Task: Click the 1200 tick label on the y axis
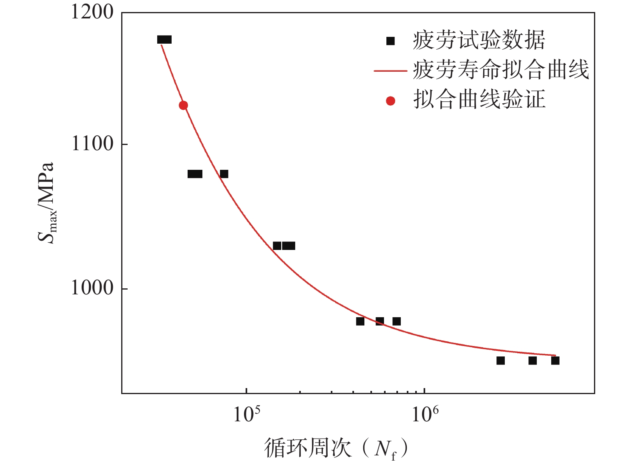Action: (92, 12)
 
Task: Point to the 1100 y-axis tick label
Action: (92, 144)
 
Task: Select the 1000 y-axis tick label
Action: (92, 288)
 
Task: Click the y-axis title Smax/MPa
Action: (46, 203)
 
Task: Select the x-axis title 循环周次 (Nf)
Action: (336, 448)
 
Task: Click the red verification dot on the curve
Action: (183, 105)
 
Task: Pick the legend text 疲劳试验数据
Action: (479, 40)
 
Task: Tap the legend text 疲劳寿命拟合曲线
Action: (501, 70)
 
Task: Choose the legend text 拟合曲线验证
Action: (479, 100)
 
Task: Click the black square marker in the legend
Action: (390, 41)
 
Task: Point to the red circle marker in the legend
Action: (390, 101)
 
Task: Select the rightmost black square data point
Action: (555, 360)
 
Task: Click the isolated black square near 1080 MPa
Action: (224, 174)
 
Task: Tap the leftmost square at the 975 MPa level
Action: (360, 321)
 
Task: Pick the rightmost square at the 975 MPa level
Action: (396, 321)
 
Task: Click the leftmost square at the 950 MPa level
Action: (500, 360)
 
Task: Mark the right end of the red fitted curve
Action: (555, 355)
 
